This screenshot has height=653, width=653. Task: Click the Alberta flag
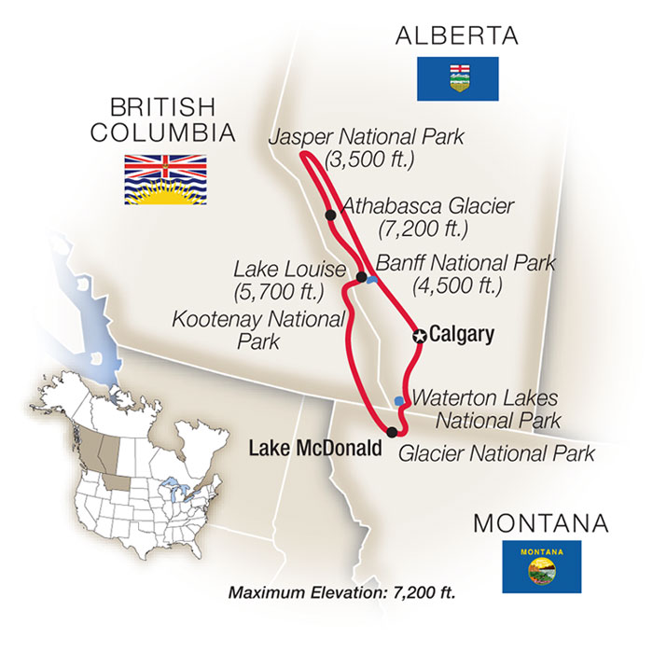click(x=457, y=78)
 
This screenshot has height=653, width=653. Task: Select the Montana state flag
click(x=541, y=566)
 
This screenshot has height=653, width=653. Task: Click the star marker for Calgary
click(x=420, y=337)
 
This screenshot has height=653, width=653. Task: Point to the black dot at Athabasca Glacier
click(x=331, y=215)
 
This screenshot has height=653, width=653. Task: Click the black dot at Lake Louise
click(x=361, y=277)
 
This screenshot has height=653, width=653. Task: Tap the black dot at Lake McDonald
click(x=392, y=431)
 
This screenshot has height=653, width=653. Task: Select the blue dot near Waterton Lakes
click(x=399, y=401)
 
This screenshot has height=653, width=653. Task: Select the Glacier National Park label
click(x=496, y=454)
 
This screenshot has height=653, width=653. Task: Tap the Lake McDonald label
click(x=314, y=449)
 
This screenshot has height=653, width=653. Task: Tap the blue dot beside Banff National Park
click(x=372, y=280)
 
